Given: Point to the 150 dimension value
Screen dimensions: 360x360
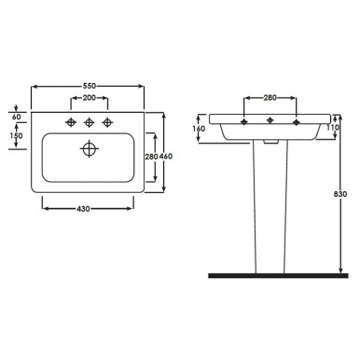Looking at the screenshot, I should [16, 137].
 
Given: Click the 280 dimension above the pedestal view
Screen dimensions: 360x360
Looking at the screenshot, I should [270, 96].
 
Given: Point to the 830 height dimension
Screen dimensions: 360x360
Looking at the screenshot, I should [341, 194].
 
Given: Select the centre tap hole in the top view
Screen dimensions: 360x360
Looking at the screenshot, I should [90, 121].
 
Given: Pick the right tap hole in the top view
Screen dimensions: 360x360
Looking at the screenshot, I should [110, 121].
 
